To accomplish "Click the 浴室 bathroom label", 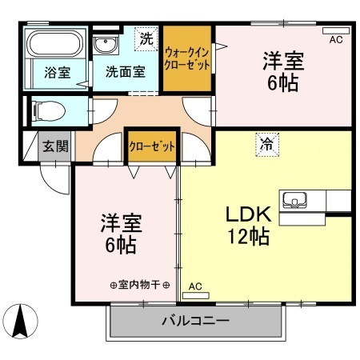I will [x=57, y=72].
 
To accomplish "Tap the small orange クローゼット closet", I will [x=151, y=147].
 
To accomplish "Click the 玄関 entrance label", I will [x=55, y=146].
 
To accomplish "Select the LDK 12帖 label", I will [x=248, y=226].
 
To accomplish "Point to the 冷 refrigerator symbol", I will [x=266, y=145].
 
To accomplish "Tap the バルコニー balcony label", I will [x=195, y=322].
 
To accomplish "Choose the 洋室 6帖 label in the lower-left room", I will [x=120, y=232].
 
